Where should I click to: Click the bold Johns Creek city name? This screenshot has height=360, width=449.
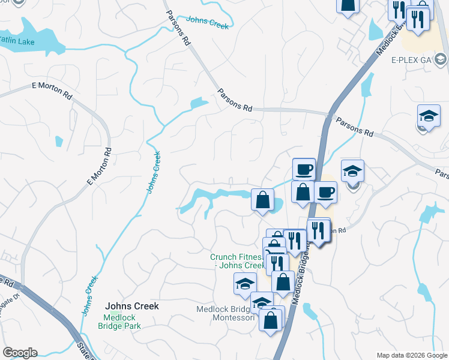132,306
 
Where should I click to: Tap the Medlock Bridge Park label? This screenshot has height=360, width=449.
122,322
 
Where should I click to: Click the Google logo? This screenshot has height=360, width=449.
20,353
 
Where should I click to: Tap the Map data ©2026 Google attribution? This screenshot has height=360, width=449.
412,355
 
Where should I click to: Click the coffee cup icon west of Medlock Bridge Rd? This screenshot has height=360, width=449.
303,169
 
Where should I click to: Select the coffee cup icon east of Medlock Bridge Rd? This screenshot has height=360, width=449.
325,192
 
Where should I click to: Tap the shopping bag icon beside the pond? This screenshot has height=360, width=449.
262,199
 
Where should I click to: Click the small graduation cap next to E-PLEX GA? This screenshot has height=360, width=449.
441,58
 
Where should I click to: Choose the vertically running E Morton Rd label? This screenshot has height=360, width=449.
100,166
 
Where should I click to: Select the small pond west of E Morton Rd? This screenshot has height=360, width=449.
58,141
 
